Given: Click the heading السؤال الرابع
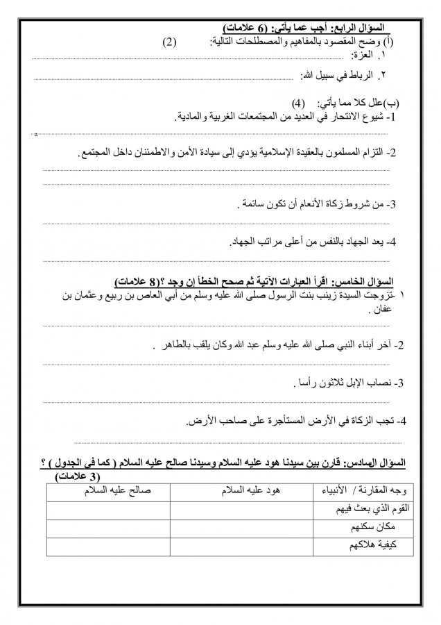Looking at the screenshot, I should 361,27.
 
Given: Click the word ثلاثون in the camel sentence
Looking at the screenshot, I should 328,383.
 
